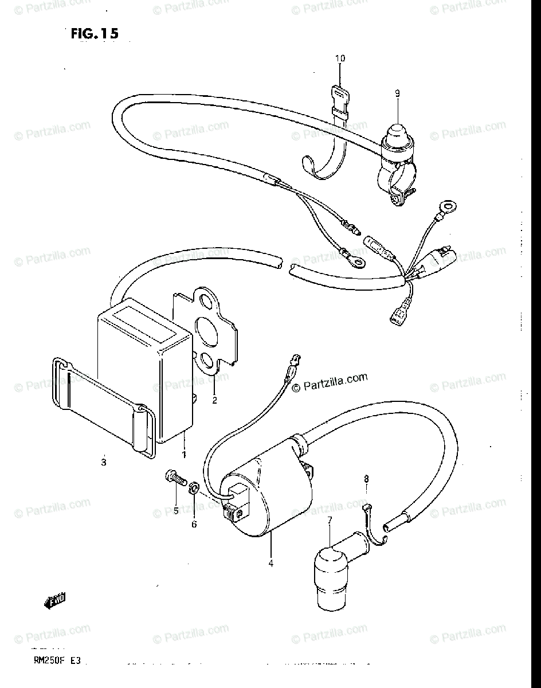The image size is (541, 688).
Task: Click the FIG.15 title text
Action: (95, 34)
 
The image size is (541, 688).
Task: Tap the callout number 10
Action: (340, 58)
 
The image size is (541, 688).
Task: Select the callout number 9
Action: (397, 93)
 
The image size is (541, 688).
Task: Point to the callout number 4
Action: (270, 563)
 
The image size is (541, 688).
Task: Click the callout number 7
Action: (330, 520)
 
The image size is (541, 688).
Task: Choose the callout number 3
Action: (103, 463)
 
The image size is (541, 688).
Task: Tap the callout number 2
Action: (214, 400)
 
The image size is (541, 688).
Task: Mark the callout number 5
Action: (177, 510)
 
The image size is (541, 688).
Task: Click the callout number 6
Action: (194, 524)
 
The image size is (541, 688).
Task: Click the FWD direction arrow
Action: (54, 601)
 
